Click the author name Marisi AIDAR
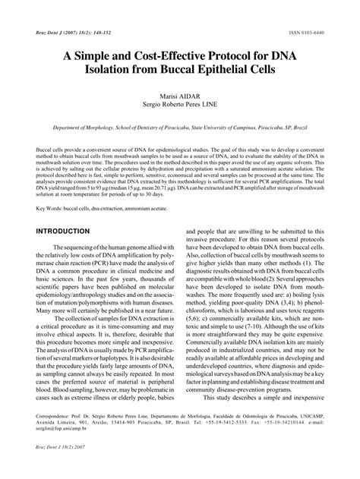pyautogui.click(x=179, y=97)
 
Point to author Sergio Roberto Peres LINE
pyautogui.click(x=179, y=108)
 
